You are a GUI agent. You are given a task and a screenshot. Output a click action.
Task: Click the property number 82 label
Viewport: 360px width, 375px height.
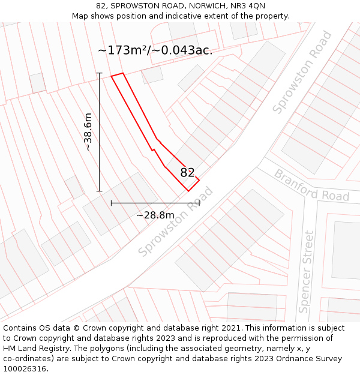pyautogui.click(x=187, y=173)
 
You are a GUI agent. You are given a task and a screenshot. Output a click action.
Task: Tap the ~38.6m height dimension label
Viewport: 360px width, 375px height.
pyautogui.click(x=88, y=132)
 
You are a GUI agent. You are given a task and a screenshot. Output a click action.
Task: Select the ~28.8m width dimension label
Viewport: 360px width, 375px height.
pyautogui.click(x=155, y=215)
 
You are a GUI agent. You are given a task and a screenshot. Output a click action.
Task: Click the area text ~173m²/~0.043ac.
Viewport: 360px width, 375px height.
pyautogui.click(x=155, y=50)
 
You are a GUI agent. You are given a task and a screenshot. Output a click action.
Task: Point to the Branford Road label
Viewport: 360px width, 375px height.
pyautogui.click(x=311, y=185)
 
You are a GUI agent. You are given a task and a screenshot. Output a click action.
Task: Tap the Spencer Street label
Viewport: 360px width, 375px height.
pyautogui.click(x=306, y=272)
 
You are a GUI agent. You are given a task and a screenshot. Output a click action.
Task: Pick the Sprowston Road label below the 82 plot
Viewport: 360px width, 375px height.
pyautogui.click(x=175, y=223)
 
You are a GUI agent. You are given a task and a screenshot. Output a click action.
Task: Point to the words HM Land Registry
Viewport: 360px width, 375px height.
pyautogui.click(x=33, y=349)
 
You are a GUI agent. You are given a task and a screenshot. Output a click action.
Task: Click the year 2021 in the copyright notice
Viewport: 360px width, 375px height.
pyautogui.click(x=232, y=328)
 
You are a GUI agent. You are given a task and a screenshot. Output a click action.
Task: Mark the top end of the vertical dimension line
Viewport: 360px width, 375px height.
pyautogui.click(x=100, y=73)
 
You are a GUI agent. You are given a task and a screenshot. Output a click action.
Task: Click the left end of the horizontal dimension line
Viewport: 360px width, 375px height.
pyautogui.click(x=111, y=203)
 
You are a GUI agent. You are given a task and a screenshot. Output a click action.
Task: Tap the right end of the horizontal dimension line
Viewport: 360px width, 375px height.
pyautogui.click(x=199, y=203)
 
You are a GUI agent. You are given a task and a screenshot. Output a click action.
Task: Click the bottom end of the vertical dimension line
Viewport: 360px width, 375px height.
pyautogui.click(x=100, y=191)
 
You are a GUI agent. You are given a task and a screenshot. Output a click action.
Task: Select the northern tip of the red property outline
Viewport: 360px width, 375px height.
pyautogui.click(x=122, y=74)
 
